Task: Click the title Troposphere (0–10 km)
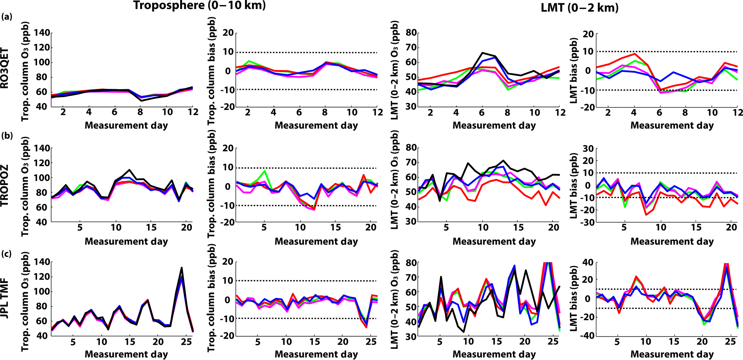pyautogui.click(x=199, y=6)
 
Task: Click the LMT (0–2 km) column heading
pyautogui.click(x=579, y=8)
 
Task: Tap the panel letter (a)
pyautogui.click(x=7, y=17)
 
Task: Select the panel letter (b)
pyautogui.click(x=7, y=136)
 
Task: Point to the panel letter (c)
pyautogui.click(x=7, y=254)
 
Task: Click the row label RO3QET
pyautogui.click(x=5, y=68)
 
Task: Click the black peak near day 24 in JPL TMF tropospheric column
pyautogui.click(x=182, y=268)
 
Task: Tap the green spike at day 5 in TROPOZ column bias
pyautogui.click(x=264, y=171)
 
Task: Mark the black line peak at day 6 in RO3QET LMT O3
pyautogui.click(x=482, y=53)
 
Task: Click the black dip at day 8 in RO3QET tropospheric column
pyautogui.click(x=141, y=101)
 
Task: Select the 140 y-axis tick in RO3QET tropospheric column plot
pyautogui.click(x=42, y=33)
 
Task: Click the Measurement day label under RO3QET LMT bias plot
pyautogui.click(x=672, y=125)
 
